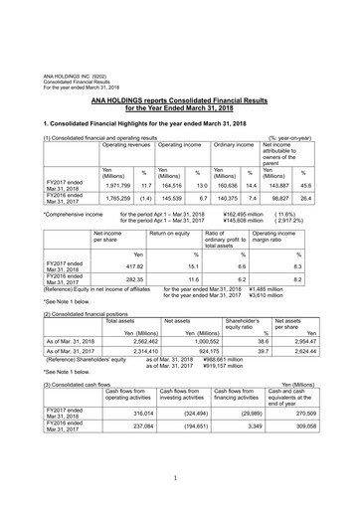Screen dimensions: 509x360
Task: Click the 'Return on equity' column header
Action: [172, 232]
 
